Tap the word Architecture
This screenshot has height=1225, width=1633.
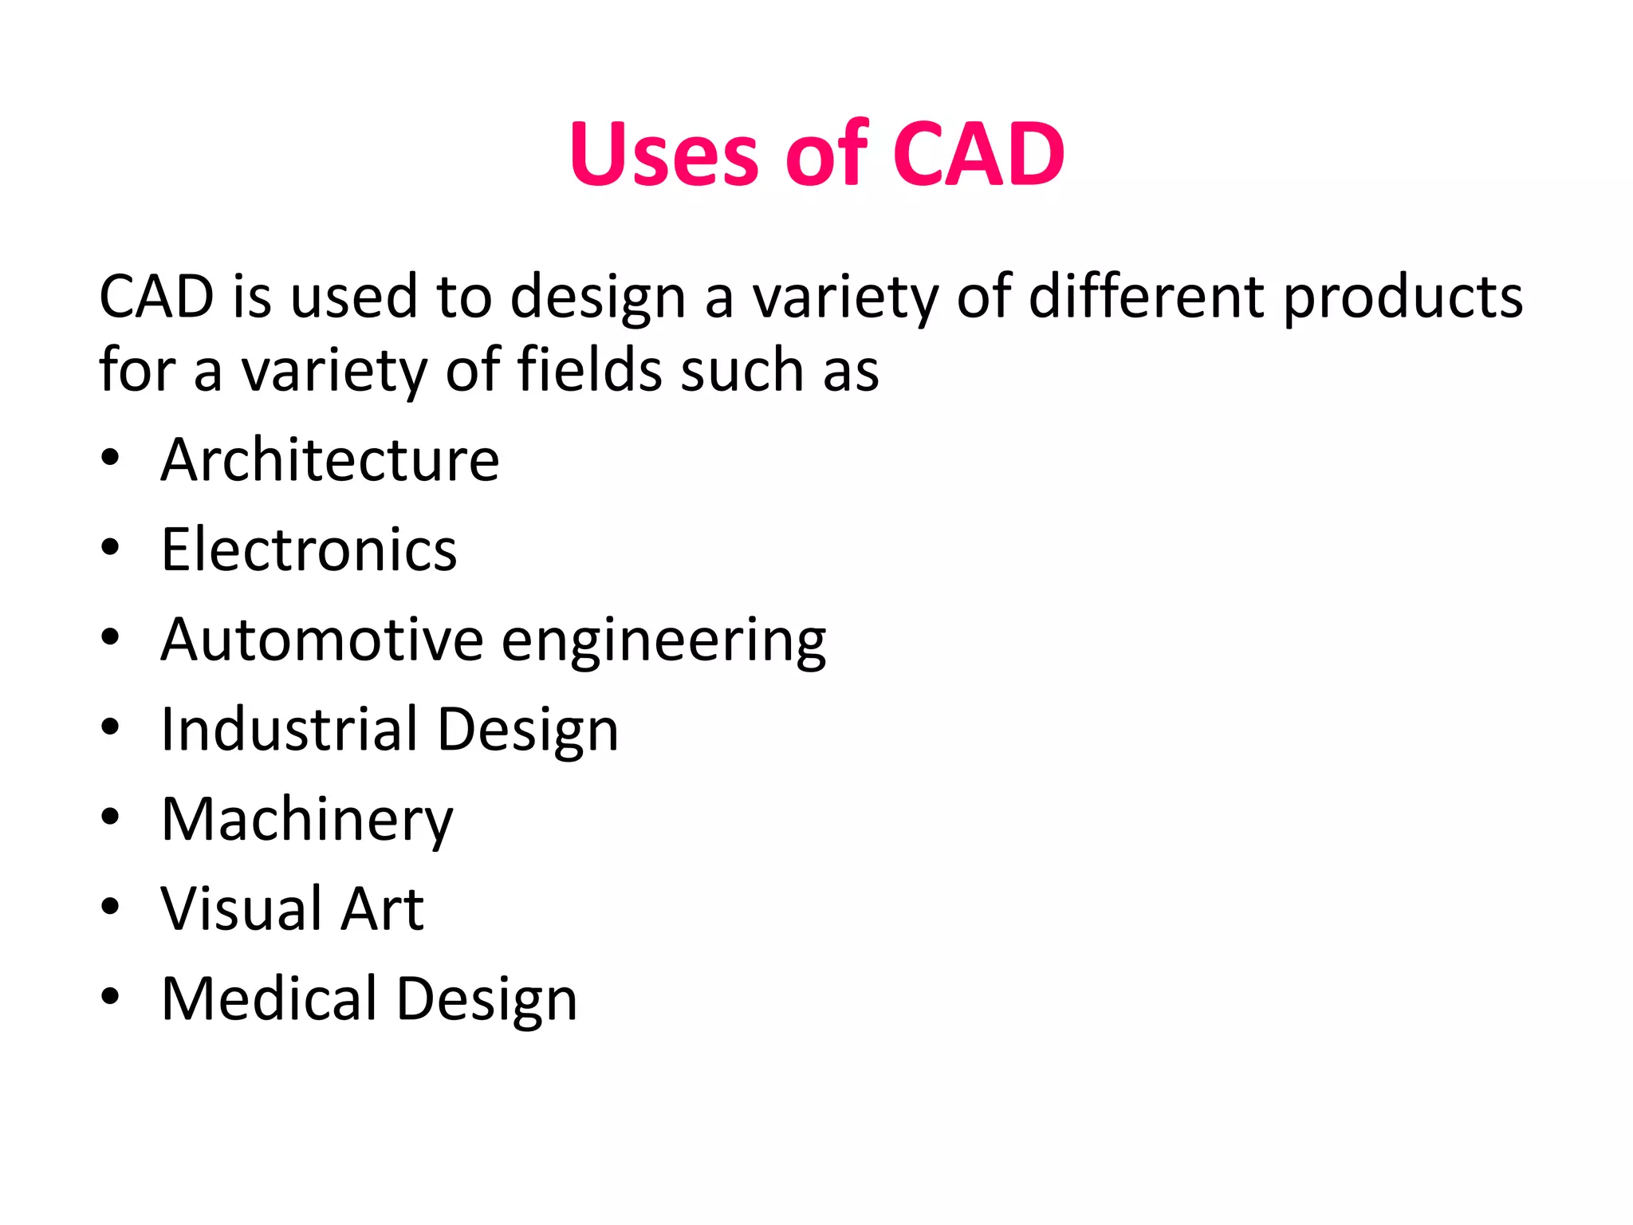(x=330, y=460)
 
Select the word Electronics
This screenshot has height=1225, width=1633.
(x=309, y=550)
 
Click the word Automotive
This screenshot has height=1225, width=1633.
(x=322, y=640)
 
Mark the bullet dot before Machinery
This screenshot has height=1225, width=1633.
(x=110, y=817)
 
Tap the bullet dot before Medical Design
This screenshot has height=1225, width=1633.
(x=110, y=996)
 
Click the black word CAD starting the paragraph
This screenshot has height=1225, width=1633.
(x=156, y=297)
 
